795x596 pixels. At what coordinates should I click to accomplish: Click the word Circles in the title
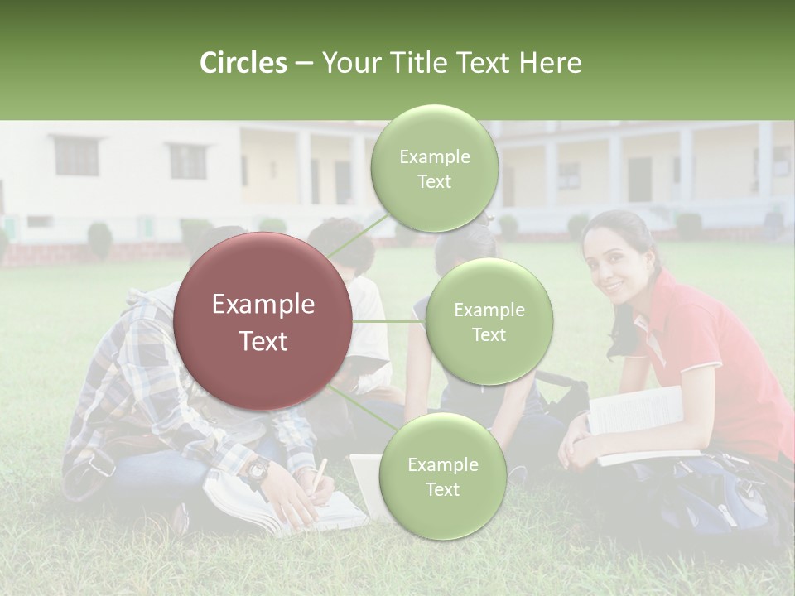point(243,63)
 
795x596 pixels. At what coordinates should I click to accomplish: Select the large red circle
point(263,321)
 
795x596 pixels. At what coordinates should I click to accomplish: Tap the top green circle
point(434,169)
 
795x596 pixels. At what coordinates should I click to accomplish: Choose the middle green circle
point(489,322)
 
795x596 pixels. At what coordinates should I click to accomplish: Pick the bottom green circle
point(442,477)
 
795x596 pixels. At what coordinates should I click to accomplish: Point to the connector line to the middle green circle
point(388,321)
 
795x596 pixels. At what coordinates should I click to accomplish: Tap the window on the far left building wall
point(76,156)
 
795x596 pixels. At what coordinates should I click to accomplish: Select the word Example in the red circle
point(263,305)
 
